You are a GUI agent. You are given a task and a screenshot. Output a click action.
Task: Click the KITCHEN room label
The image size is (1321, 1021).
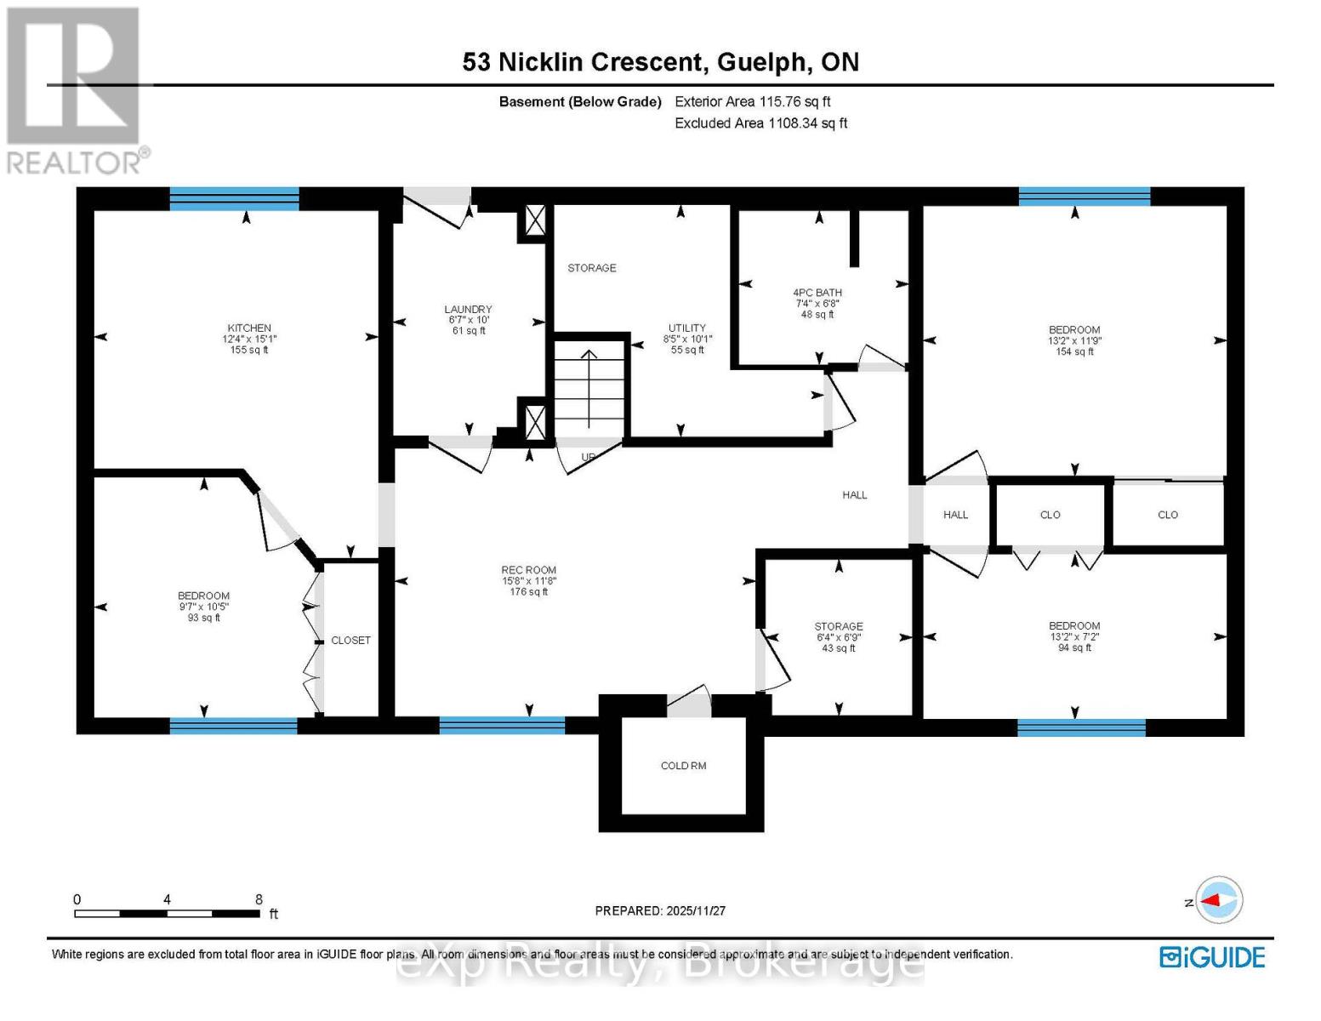[x=248, y=328]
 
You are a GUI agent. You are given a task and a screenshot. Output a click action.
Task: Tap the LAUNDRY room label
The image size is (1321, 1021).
[x=468, y=310]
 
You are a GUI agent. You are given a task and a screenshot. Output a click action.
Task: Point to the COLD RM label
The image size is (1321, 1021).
[x=683, y=766]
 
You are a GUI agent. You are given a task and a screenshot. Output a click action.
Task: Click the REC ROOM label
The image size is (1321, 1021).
[x=528, y=571]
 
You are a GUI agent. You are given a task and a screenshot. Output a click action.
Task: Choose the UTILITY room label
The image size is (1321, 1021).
[x=686, y=328]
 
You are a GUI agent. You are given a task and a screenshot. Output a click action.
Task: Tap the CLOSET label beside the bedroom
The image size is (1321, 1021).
[x=350, y=641]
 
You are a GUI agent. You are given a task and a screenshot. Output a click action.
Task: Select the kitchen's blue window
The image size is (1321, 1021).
[x=234, y=199]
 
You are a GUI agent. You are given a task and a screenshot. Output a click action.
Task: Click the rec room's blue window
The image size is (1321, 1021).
[x=502, y=726]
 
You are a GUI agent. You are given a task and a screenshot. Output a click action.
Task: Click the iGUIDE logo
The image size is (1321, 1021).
[x=1212, y=957]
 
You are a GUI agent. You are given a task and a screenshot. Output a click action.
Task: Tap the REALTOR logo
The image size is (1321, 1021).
[x=75, y=89]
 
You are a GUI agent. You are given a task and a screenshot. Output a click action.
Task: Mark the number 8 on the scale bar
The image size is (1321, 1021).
[x=259, y=899]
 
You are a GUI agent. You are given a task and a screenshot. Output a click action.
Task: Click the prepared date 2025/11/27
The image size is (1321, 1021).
[x=660, y=911]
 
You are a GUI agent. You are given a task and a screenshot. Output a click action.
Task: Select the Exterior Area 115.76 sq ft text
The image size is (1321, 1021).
[x=752, y=102]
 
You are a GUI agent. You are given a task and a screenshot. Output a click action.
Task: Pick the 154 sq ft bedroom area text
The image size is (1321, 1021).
[x=1074, y=352]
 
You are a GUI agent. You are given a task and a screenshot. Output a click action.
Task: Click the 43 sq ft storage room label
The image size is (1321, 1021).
[x=838, y=648]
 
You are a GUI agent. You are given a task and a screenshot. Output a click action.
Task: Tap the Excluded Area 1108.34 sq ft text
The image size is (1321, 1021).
[x=760, y=123]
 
